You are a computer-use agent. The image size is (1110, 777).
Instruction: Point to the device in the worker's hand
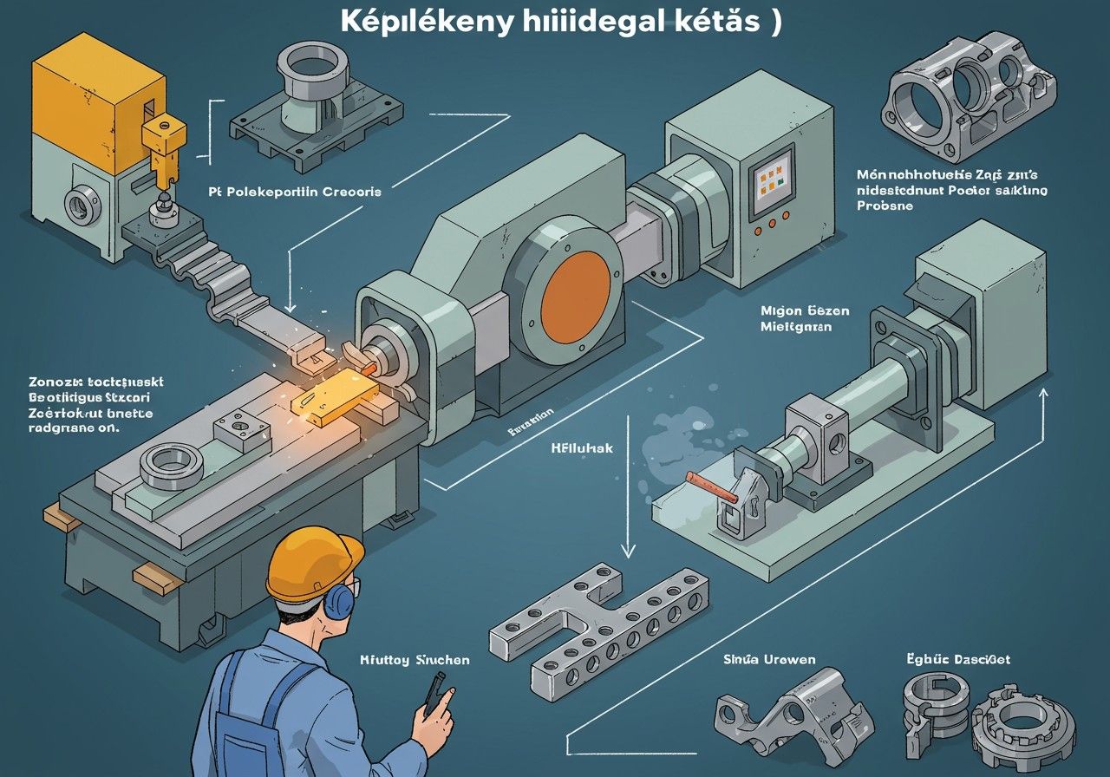[432, 694]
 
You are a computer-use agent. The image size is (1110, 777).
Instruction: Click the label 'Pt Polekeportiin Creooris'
[294, 192]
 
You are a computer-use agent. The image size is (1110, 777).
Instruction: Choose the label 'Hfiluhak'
[582, 449]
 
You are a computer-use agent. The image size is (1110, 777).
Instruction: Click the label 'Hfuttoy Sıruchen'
[415, 660]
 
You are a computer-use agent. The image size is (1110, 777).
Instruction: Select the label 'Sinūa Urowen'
[769, 660]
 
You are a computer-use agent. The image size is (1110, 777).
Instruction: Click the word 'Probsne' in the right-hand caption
[885, 207]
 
